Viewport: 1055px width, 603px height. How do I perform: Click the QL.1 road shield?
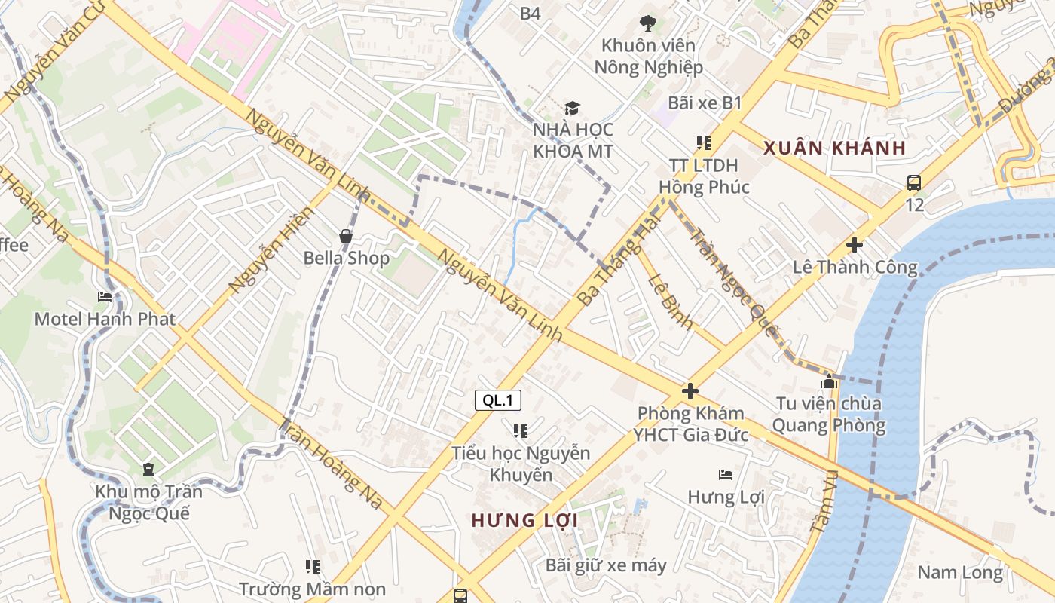pyautogui.click(x=498, y=400)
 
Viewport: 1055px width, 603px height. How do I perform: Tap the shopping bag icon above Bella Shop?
pyautogui.click(x=346, y=236)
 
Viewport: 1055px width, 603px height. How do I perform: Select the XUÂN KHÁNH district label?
pyautogui.click(x=834, y=148)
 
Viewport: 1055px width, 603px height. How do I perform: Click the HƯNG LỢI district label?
pyautogui.click(x=524, y=520)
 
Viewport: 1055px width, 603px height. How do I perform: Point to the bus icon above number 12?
pyautogui.click(x=913, y=182)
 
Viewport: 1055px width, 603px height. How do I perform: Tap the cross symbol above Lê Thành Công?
pyautogui.click(x=854, y=245)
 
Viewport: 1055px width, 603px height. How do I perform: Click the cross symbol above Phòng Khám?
pyautogui.click(x=690, y=391)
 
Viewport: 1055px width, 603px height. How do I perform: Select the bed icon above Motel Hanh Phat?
pyautogui.click(x=105, y=297)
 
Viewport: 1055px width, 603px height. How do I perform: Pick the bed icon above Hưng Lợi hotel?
pyautogui.click(x=726, y=475)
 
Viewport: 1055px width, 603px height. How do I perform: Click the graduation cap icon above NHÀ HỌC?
pyautogui.click(x=573, y=109)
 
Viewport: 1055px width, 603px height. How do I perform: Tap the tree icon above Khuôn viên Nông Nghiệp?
pyautogui.click(x=647, y=23)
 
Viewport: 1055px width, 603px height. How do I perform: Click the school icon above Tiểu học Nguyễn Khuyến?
pyautogui.click(x=520, y=431)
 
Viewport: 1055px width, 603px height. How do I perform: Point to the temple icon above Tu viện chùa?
pyautogui.click(x=829, y=382)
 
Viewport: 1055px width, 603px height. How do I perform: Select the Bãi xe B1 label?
pyautogui.click(x=705, y=103)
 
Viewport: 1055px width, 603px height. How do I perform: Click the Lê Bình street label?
pyautogui.click(x=670, y=301)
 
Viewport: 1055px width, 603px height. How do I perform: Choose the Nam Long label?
pyautogui.click(x=960, y=572)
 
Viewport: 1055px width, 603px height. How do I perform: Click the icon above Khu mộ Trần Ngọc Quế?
pyautogui.click(x=148, y=470)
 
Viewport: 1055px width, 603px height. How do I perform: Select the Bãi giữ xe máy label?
pyautogui.click(x=606, y=565)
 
